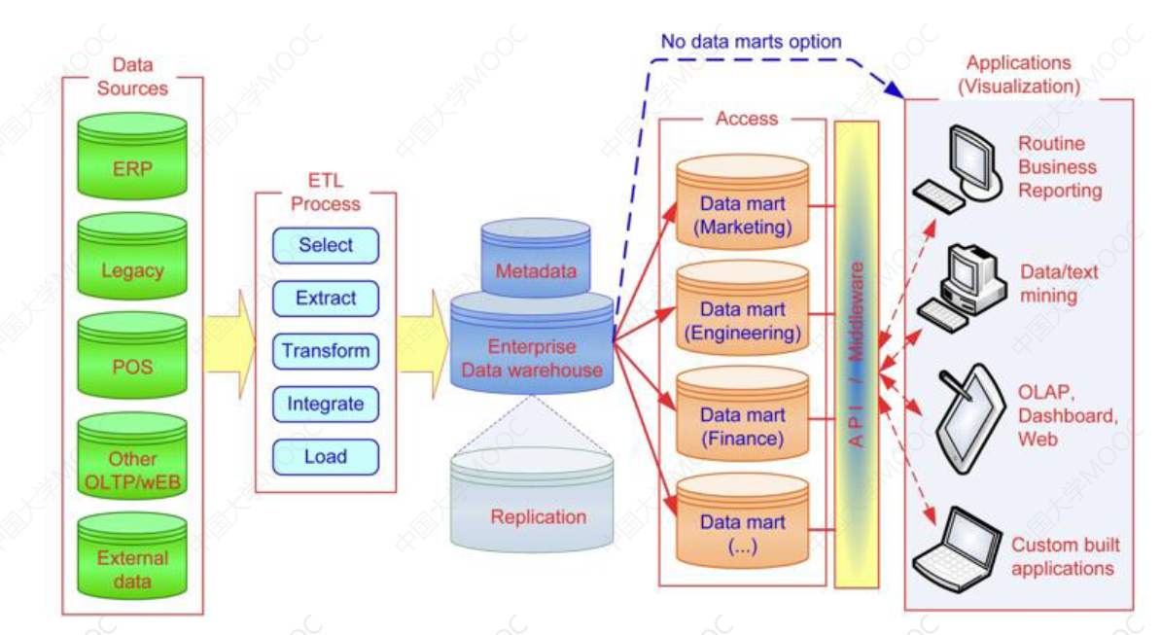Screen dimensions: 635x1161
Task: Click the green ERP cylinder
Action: (132, 161)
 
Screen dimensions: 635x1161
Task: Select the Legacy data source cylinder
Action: (132, 264)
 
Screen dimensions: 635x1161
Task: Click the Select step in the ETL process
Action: (326, 245)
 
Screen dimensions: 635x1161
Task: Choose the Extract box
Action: (326, 299)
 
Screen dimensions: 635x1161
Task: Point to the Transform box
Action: (326, 351)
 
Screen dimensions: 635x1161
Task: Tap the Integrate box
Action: (326, 404)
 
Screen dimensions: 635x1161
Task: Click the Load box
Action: (326, 456)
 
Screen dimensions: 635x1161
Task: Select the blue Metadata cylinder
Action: (536, 263)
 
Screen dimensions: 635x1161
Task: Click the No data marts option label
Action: (751, 42)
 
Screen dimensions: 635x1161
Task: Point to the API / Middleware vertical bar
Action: (857, 354)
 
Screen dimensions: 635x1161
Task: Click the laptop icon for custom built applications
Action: (958, 547)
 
